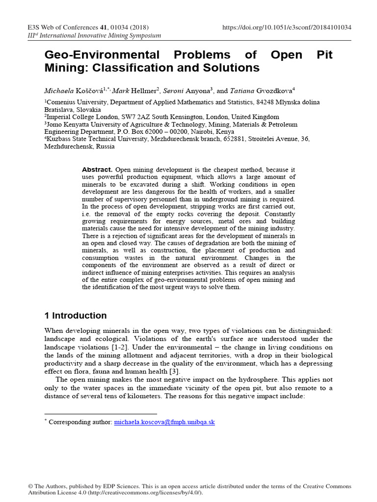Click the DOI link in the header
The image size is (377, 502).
[287, 27]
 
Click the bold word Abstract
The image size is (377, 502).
[97, 169]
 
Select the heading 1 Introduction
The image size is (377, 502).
[76, 316]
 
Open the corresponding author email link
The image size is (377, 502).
[164, 422]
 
